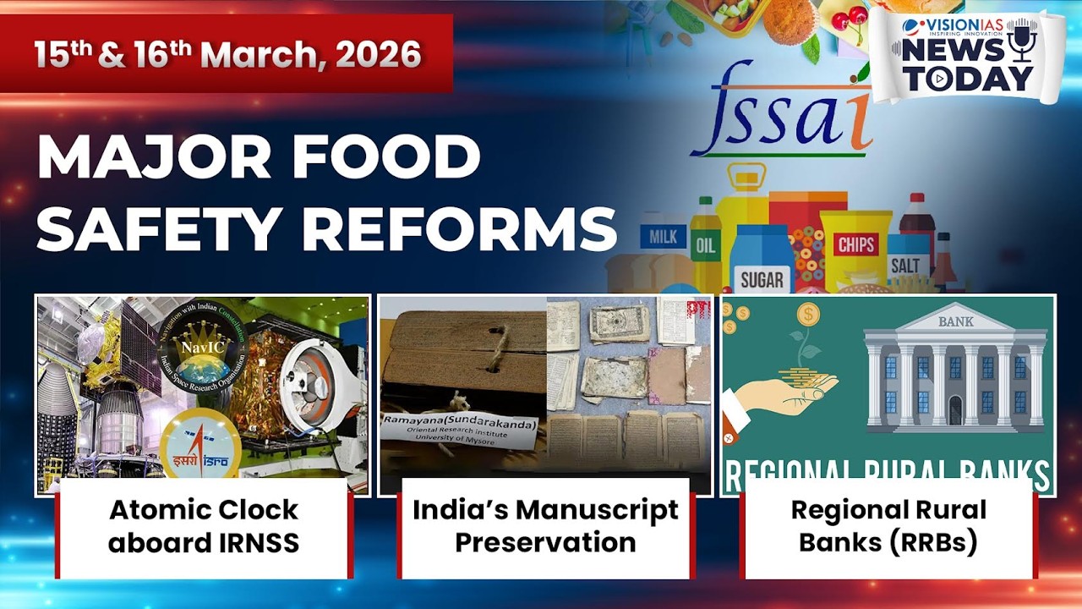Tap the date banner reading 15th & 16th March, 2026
tap(227, 54)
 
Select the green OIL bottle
tap(706, 245)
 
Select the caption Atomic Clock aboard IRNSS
tap(204, 526)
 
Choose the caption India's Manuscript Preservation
tap(545, 526)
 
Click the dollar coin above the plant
tap(808, 315)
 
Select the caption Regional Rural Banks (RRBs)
tap(888, 526)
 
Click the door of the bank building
tap(955, 409)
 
